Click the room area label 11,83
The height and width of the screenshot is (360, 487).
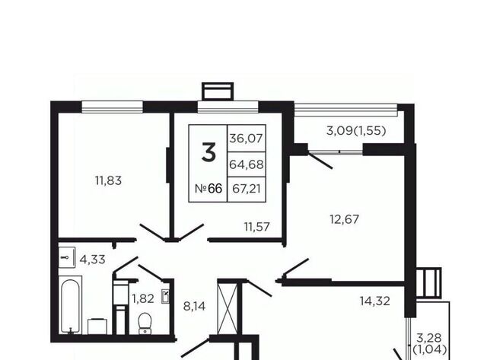108,180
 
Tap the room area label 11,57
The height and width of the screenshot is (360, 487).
257,227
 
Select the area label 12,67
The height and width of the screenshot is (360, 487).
344,220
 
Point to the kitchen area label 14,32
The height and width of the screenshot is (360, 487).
375,301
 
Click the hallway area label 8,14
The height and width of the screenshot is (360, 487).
195,307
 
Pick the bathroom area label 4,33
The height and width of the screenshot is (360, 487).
93,260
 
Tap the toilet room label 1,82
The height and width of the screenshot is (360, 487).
143,299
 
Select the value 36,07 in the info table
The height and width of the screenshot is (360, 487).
246,139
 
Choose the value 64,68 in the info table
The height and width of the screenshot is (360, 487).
247,164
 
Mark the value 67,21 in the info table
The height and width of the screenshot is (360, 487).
247,189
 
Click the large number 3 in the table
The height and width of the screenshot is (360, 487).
208,152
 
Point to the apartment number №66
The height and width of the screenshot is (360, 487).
208,189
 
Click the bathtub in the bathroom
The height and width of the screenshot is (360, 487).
70,307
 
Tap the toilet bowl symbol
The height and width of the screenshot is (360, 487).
145,323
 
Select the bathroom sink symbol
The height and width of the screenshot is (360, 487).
67,257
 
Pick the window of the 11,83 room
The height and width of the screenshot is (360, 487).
112,107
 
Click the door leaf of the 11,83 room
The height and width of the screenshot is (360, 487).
152,232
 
